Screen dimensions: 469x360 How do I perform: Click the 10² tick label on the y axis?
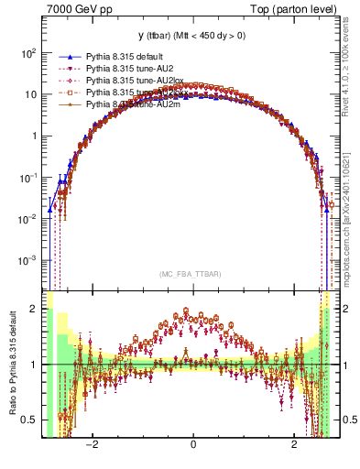click(x=28, y=53)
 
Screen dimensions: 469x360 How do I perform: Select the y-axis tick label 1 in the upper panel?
click(x=34, y=136)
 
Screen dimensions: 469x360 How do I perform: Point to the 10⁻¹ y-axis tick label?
click(x=28, y=178)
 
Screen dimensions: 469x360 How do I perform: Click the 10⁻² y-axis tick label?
click(x=28, y=219)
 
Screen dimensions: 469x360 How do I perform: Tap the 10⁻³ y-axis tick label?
click(x=28, y=260)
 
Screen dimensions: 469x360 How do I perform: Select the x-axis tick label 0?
click(x=192, y=444)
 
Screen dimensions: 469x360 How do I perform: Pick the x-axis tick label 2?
click(x=294, y=444)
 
